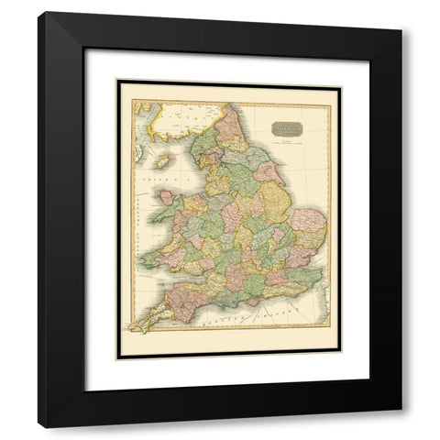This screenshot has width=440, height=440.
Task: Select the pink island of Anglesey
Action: click(168, 195)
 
